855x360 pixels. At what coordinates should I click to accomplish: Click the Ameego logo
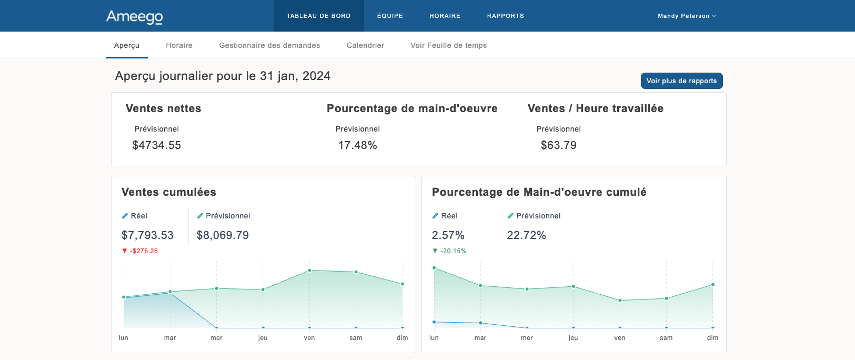135,16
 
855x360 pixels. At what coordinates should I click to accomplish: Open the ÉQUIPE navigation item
390,16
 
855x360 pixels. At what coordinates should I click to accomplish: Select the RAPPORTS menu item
505,16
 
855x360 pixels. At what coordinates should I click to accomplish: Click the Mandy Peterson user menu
686,16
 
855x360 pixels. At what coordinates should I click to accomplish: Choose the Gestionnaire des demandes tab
269,45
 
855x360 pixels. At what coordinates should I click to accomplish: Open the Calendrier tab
365,45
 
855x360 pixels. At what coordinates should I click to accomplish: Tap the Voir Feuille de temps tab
448,45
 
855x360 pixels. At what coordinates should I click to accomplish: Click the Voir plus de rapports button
681,81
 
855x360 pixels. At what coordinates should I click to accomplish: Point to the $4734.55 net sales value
156,145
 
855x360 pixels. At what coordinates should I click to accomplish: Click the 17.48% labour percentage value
357,145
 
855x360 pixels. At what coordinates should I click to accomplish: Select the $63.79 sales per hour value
558,145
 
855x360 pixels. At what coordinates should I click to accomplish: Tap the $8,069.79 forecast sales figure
223,235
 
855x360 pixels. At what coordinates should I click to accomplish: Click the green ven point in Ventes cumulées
309,271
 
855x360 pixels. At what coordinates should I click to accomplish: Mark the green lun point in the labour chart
434,268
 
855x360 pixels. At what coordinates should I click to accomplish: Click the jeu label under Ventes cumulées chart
263,338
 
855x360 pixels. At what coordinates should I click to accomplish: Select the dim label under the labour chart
712,338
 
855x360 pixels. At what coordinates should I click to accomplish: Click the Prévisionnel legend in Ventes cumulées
227,216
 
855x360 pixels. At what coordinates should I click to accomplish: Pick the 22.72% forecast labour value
526,235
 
